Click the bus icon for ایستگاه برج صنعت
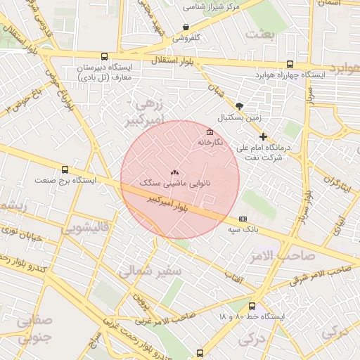[65, 169]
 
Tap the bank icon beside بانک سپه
[243, 219]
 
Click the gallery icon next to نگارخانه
[209, 132]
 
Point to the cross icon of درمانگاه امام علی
[264, 136]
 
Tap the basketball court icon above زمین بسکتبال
[240, 105]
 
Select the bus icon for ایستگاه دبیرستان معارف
[105, 57]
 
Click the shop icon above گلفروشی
[186, 27]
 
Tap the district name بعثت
[259, 34]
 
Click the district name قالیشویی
[85, 229]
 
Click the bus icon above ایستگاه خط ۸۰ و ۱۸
[252, 306]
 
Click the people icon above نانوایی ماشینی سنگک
[175, 172]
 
